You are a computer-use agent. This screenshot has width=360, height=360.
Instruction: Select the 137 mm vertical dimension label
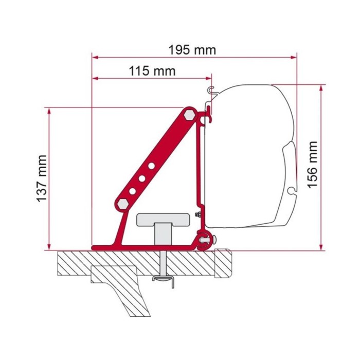[43, 178]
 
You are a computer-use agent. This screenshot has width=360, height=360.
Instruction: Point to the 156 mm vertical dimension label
[313, 165]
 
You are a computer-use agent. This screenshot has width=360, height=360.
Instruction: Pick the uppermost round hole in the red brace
[151, 166]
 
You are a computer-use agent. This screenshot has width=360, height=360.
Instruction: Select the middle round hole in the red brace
[142, 178]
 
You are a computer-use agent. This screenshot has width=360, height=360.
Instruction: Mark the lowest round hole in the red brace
[133, 190]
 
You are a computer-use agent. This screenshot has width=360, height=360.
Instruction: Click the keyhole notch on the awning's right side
[292, 191]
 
